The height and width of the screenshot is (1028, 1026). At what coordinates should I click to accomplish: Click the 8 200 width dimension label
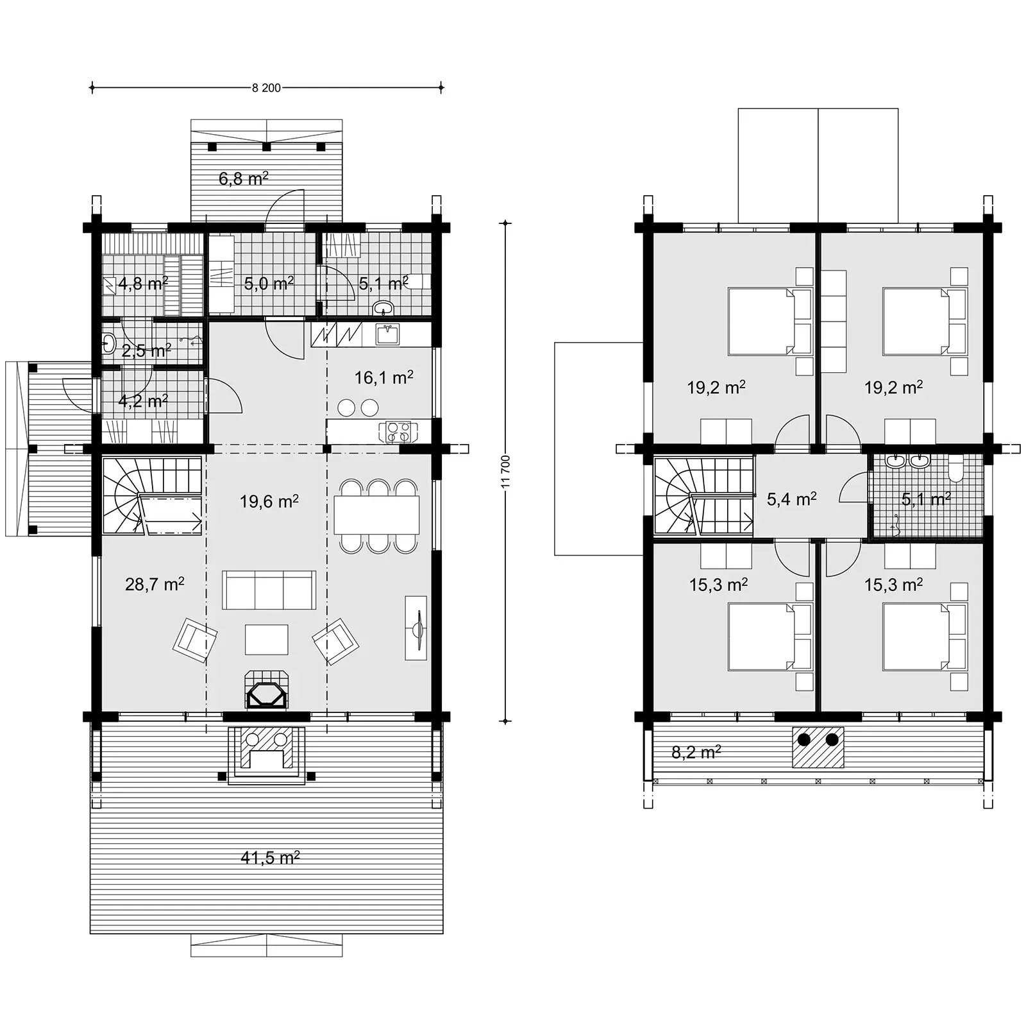[x=266, y=88]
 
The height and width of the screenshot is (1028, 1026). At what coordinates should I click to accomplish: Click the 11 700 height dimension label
[x=505, y=472]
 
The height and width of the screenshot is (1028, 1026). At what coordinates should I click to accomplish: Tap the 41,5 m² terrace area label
[x=270, y=857]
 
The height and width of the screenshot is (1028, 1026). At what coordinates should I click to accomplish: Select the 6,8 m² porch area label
[x=243, y=178]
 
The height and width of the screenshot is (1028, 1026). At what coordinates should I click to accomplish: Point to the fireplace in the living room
[x=267, y=694]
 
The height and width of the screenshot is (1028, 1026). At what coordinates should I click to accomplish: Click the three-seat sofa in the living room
[x=269, y=590]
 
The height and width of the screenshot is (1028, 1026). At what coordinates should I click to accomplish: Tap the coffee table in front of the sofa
[x=266, y=639]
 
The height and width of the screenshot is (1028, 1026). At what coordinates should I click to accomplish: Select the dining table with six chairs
[x=376, y=515]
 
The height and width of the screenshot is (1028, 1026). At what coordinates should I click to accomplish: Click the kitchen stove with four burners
[x=398, y=432]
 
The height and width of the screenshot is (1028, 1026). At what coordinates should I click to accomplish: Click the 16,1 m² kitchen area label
[x=383, y=378]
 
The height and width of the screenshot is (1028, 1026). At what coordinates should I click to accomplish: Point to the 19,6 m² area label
[x=269, y=501]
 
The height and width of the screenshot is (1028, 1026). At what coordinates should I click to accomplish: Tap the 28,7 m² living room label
[x=155, y=584]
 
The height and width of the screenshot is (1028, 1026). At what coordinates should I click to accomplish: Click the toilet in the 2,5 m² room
[x=109, y=345]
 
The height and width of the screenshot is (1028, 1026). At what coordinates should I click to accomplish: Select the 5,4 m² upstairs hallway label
[x=791, y=499]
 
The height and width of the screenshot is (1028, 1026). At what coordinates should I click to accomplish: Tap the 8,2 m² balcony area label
[x=696, y=751]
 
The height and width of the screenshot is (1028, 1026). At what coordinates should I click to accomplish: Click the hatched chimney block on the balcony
[x=818, y=747]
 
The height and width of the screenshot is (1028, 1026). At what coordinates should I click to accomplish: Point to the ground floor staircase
[x=153, y=495]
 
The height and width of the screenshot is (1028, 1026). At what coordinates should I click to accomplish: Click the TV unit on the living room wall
[x=416, y=628]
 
